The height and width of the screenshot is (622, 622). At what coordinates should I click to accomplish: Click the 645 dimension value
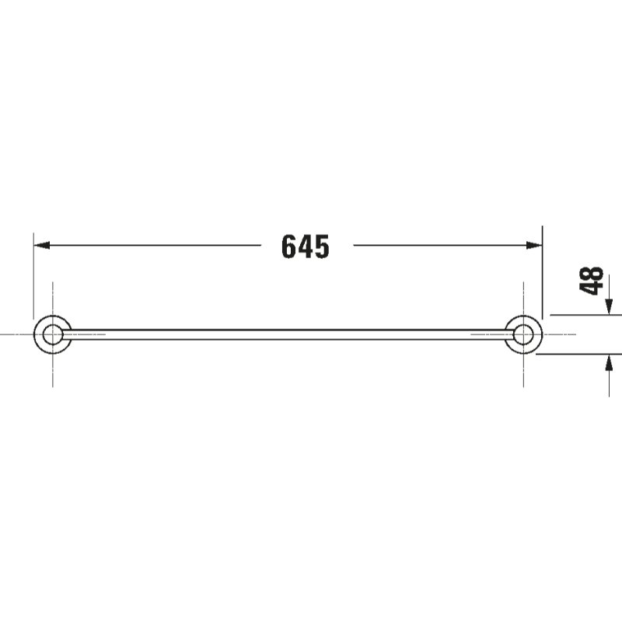click(306, 246)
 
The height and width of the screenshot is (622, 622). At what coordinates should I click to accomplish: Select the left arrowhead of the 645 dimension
click(40, 245)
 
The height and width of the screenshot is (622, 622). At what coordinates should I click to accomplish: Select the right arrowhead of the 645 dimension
click(535, 245)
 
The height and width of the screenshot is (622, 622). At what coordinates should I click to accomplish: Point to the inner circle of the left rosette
click(52, 334)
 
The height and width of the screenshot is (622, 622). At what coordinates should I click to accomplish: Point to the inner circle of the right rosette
click(524, 334)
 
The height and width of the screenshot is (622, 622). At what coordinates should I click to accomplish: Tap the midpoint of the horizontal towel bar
click(288, 334)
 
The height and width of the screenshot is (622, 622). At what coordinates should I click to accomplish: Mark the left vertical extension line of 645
click(33, 272)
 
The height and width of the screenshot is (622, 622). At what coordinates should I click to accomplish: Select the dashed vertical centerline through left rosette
click(52, 373)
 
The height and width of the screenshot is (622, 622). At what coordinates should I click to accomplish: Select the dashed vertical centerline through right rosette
click(524, 373)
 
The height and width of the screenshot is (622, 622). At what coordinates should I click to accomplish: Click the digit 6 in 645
click(289, 246)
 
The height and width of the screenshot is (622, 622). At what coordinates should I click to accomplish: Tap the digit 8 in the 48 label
click(592, 273)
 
